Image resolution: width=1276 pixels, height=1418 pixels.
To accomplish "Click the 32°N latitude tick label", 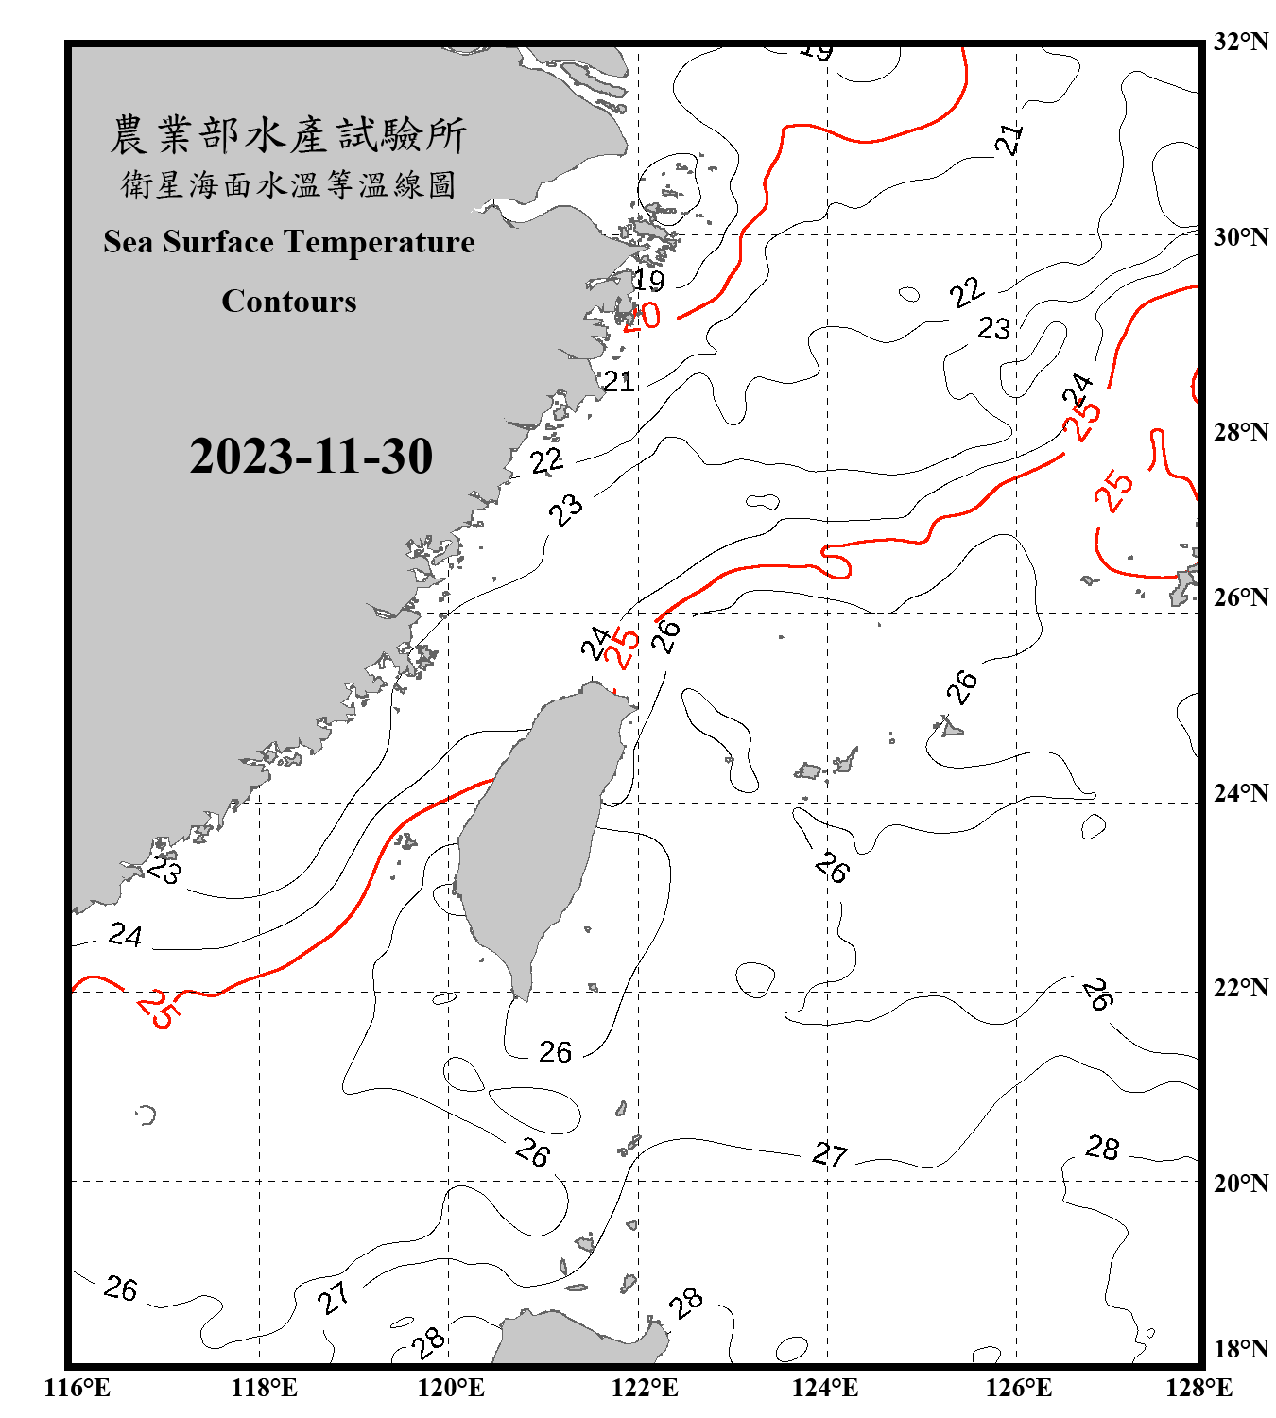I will click(x=1240, y=42).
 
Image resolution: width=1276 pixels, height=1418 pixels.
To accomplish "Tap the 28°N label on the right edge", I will click(x=1240, y=432).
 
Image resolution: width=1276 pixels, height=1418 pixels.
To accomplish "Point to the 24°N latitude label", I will click(x=1240, y=792).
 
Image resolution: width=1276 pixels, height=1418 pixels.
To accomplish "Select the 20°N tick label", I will click(x=1240, y=1183).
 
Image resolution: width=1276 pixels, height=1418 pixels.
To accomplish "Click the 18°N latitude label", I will click(x=1240, y=1349).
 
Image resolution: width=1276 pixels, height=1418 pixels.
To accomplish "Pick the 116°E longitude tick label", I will click(x=78, y=1388).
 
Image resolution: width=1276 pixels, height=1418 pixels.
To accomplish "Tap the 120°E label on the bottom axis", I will click(x=451, y=1388).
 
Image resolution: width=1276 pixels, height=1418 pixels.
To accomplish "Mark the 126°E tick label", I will click(x=1018, y=1388).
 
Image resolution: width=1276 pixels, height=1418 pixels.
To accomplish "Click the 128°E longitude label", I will click(x=1198, y=1388).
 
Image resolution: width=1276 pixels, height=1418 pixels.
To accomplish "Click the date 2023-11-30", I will click(x=311, y=457).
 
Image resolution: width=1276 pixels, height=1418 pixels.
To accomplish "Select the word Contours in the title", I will click(x=289, y=302).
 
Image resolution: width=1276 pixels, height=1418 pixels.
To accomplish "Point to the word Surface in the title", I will click(x=218, y=242).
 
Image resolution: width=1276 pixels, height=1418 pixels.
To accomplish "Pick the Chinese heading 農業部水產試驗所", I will click(x=288, y=135).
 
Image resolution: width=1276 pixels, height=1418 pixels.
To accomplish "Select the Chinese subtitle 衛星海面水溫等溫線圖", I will click(x=288, y=185).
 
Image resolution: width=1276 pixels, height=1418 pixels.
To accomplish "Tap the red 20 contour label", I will click(x=643, y=316).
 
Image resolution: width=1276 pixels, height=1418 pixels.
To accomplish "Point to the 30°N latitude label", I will click(x=1240, y=237).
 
